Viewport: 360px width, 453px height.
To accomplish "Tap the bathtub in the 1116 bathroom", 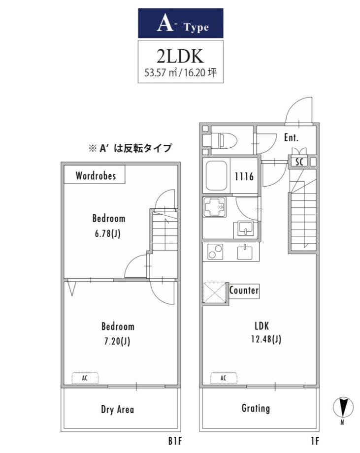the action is [x=216, y=175].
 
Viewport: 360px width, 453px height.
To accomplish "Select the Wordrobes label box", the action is [x=95, y=174].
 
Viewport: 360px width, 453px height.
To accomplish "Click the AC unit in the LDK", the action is [x=224, y=378].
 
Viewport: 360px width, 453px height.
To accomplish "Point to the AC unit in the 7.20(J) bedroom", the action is [x=85, y=378].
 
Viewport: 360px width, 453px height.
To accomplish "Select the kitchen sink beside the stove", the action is [x=245, y=252].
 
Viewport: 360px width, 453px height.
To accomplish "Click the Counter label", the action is [x=244, y=290].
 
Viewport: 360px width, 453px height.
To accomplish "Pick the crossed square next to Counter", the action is [x=215, y=293].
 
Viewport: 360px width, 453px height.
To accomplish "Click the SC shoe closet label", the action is [x=299, y=162].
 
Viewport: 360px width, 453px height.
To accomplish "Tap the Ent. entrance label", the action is [x=291, y=137].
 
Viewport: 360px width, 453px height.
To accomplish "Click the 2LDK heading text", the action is [x=180, y=56].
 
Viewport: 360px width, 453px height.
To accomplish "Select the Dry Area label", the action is [x=117, y=409].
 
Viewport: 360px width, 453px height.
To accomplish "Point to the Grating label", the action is [x=256, y=408].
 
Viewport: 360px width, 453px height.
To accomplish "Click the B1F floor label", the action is [x=175, y=441].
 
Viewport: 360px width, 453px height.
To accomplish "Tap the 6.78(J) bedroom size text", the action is [x=107, y=233].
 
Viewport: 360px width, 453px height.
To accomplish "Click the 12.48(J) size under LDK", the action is [x=266, y=339].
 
